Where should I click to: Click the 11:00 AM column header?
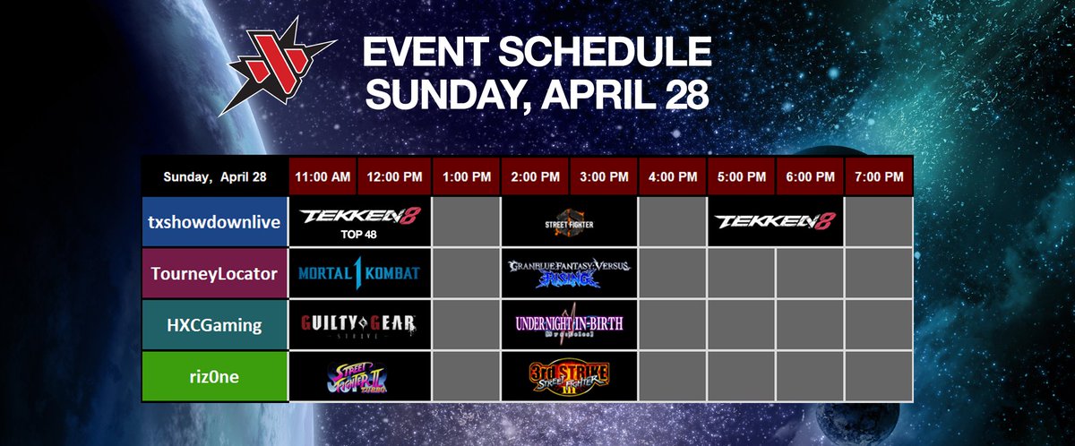pyautogui.click(x=323, y=176)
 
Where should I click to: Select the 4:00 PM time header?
pyautogui.click(x=672, y=176)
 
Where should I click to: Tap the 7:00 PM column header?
pyautogui.click(x=879, y=176)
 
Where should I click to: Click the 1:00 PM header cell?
pyautogui.click(x=466, y=176)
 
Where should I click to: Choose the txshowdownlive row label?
pyautogui.click(x=214, y=222)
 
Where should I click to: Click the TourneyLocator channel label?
pyautogui.click(x=214, y=273)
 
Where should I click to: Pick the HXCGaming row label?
pyautogui.click(x=214, y=325)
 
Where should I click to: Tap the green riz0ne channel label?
pyautogui.click(x=214, y=377)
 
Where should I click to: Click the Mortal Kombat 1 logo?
pyautogui.click(x=359, y=273)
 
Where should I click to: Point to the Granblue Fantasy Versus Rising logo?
pyautogui.click(x=570, y=273)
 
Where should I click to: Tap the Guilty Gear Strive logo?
pyautogui.click(x=359, y=325)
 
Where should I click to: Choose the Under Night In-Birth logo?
pyautogui.click(x=570, y=325)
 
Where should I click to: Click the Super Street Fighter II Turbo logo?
pyautogui.click(x=359, y=377)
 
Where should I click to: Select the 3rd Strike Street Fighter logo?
pyautogui.click(x=570, y=377)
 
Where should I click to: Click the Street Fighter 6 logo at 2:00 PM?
pyautogui.click(x=570, y=222)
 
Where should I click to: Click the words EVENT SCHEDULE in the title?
pyautogui.click(x=536, y=55)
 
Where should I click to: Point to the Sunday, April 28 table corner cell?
pyautogui.click(x=214, y=176)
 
